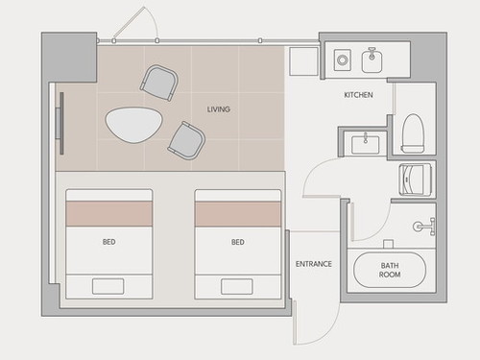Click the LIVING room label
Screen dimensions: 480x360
pyautogui.click(x=219, y=109)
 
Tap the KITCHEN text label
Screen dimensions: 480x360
pyautogui.click(x=358, y=95)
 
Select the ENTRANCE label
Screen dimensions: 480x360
pyautogui.click(x=314, y=264)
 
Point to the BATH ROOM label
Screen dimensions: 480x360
pyautogui.click(x=390, y=270)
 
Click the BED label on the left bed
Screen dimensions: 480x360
pyautogui.click(x=109, y=242)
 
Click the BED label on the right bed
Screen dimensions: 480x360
pyautogui.click(x=238, y=242)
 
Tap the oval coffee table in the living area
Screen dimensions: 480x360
pyautogui.click(x=134, y=125)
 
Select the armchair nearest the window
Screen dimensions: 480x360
pyautogui.click(x=159, y=83)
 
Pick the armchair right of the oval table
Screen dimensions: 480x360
pyautogui.click(x=186, y=140)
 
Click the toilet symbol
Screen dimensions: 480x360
pyautogui.click(x=413, y=133)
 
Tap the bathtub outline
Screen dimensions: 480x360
pyautogui.click(x=390, y=270)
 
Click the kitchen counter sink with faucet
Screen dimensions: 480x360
pyautogui.click(x=372, y=60)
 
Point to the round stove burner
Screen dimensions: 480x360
pyautogui.click(x=343, y=60)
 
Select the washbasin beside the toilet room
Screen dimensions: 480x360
pyautogui.click(x=366, y=144)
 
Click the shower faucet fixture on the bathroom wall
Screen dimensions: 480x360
pyautogui.click(x=424, y=227)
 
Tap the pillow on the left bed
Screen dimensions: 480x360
pyautogui.click(x=108, y=286)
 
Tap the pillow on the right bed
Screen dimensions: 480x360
pyautogui.click(x=237, y=286)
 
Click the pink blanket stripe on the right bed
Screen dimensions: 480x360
pyautogui.click(x=238, y=214)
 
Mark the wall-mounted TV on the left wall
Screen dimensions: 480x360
pyautogui.click(x=60, y=124)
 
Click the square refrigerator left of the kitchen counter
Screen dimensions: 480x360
pyautogui.click(x=303, y=61)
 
